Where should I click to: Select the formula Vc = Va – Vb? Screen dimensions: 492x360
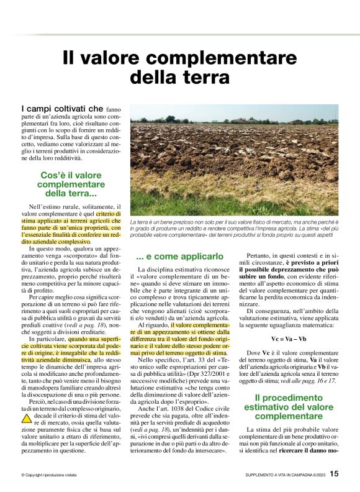click(289, 339)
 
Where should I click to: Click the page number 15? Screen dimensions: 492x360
click(334, 473)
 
